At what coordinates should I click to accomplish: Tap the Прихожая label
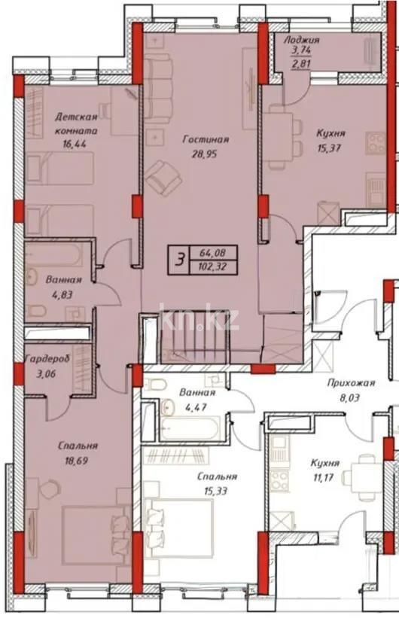(347, 382)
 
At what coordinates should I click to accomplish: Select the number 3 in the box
(179, 260)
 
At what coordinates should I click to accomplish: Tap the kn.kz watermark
(200, 321)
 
